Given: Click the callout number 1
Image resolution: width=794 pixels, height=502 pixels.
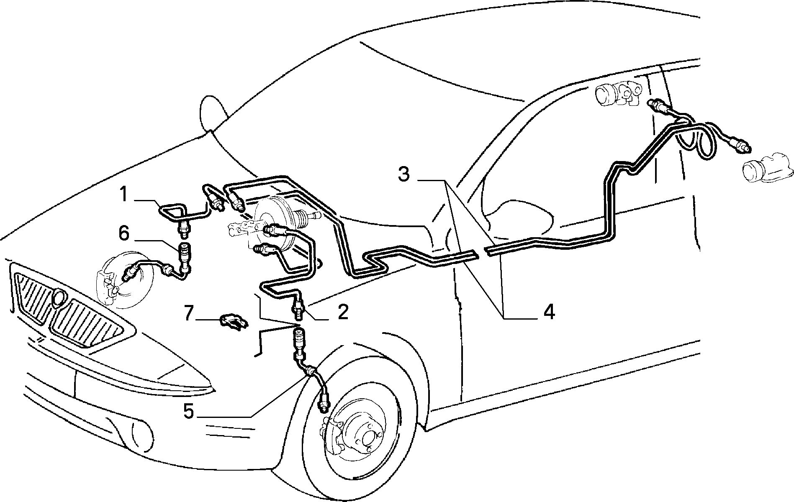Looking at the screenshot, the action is (123, 195).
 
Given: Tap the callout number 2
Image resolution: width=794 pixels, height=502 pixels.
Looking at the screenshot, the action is (343, 312).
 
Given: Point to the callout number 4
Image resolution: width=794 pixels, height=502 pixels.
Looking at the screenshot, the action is (548, 312).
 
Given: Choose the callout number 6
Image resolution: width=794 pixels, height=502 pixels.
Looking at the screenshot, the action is (124, 234).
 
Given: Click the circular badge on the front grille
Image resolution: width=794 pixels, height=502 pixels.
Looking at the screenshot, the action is (59, 297).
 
